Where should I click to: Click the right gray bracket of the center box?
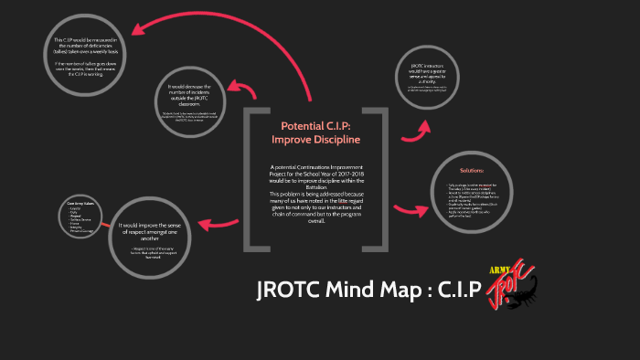pyautogui.click(x=376, y=178)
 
